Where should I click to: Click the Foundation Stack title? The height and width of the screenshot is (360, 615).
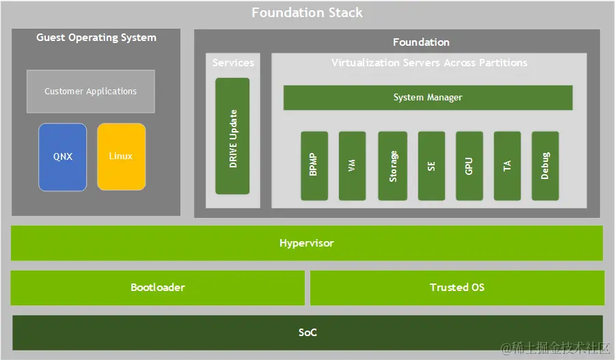tap(307, 12)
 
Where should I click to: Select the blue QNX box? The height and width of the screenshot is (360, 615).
tap(63, 156)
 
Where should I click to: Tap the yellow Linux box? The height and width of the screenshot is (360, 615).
tap(121, 156)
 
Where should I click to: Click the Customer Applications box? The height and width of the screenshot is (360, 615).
tap(91, 91)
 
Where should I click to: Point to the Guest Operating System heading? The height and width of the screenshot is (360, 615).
tap(96, 38)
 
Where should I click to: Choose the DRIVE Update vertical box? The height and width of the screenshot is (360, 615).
tap(232, 136)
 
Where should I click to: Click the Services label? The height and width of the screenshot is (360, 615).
tap(233, 63)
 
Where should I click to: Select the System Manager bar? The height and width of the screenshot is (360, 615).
tap(428, 98)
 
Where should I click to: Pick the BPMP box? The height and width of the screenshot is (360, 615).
tap(314, 165)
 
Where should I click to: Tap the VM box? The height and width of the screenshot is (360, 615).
tap(352, 165)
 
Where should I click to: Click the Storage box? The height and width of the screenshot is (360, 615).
tap(393, 165)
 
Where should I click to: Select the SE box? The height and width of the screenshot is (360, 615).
tap(431, 165)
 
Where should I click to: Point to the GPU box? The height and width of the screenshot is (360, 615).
tap(469, 165)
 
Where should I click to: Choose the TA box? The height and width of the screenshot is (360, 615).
tap(507, 165)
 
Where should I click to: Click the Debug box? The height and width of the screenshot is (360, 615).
tap(545, 165)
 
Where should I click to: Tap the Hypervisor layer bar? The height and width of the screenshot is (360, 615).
tap(307, 243)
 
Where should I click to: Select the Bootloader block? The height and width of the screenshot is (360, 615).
tap(158, 288)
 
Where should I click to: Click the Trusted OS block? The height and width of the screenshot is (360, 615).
tap(457, 288)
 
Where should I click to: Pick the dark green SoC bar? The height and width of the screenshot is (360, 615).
tap(307, 333)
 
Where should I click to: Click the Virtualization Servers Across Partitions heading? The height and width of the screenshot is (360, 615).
tap(429, 63)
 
